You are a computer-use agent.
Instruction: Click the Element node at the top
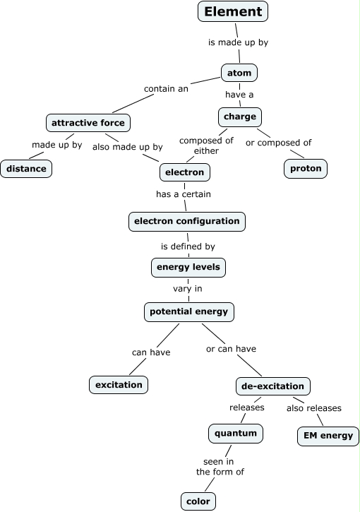tap(233, 11)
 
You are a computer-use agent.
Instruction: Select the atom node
tap(239, 73)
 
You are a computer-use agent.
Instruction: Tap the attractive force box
tap(88, 122)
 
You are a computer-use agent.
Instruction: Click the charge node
tap(240, 116)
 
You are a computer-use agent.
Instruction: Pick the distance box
tap(26, 169)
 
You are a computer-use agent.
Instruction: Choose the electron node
tap(184, 172)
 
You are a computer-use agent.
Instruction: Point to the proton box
tap(306, 169)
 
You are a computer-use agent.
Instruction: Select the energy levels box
tap(188, 266)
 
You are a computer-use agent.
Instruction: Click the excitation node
tap(119, 384)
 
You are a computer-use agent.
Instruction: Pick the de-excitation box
tap(272, 386)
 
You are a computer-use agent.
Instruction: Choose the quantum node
tap(236, 432)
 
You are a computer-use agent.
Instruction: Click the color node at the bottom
tap(197, 501)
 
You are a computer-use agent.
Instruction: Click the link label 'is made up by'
tap(238, 42)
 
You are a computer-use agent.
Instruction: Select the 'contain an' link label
tap(166, 89)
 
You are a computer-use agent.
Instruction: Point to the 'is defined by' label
tap(188, 246)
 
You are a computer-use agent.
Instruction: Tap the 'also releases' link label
tap(313, 408)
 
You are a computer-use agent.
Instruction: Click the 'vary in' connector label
tap(188, 289)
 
